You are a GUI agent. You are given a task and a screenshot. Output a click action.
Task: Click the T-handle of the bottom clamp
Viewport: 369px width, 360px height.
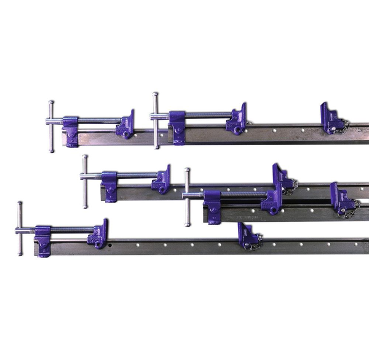[x=20, y=229]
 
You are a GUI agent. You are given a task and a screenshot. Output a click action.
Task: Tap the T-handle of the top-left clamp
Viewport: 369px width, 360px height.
[x=51, y=126]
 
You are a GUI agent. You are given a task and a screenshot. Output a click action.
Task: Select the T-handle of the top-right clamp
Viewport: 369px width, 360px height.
[x=156, y=120]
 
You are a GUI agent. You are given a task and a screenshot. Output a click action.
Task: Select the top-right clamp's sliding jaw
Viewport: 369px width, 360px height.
[x=237, y=120]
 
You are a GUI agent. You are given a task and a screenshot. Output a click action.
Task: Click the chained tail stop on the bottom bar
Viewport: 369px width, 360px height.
[x=249, y=237]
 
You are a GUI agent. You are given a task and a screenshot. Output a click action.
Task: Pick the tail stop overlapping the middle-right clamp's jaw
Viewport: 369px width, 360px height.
[x=284, y=179]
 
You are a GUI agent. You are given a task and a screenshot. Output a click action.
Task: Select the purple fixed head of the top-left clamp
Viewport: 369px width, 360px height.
[x=71, y=131]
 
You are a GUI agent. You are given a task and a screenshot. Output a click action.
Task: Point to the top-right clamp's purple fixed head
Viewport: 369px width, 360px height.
[x=177, y=126]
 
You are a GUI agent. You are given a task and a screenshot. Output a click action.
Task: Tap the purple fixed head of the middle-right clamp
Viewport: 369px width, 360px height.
[x=212, y=206]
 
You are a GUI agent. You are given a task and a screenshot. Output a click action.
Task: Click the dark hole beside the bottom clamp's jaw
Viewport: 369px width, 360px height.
[x=111, y=246]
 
